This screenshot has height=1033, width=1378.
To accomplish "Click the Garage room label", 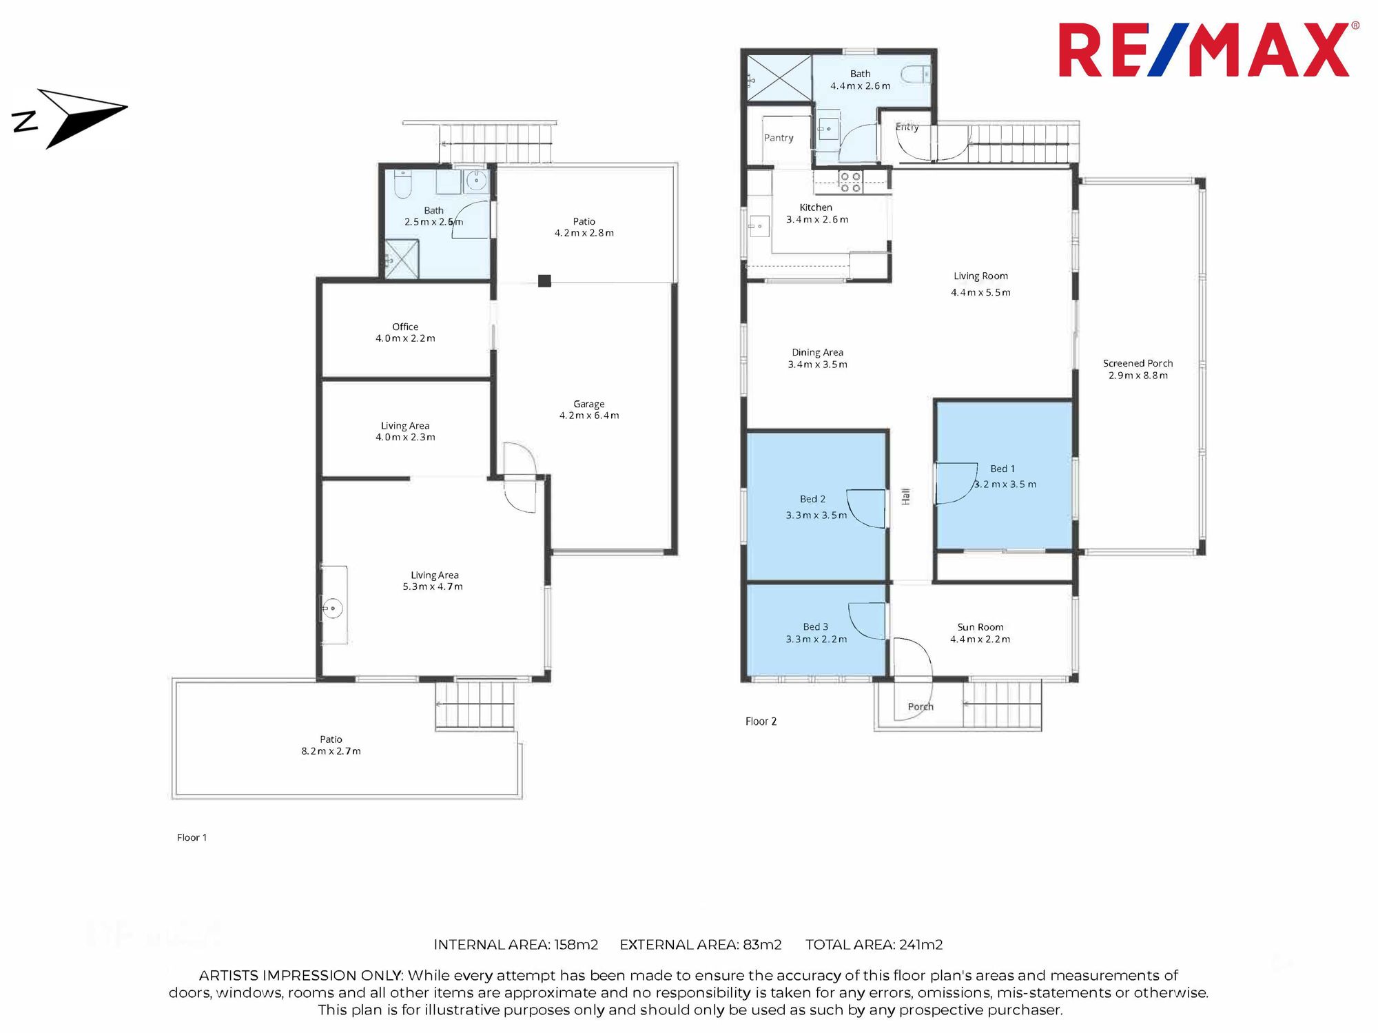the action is [589, 404].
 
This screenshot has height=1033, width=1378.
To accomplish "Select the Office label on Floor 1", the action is [405, 327].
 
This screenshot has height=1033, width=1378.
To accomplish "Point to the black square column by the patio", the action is [544, 280].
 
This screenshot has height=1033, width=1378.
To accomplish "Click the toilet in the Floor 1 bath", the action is [402, 183].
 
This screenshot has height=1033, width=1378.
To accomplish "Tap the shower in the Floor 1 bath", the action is [401, 259].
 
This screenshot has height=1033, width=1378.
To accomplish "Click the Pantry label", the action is [779, 138].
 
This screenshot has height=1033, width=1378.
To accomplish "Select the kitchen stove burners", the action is [850, 182].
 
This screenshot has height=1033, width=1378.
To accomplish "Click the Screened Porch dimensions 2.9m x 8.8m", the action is [1138, 376].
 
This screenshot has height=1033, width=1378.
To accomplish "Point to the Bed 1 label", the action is [1002, 469].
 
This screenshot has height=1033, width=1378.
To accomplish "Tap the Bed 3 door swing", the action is [867, 621].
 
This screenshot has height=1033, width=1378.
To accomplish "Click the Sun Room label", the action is [980, 627].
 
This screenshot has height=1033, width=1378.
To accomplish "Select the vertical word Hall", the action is [905, 496].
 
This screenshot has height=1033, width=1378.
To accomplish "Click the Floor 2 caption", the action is [761, 722].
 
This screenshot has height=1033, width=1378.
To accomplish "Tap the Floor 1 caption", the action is [192, 837].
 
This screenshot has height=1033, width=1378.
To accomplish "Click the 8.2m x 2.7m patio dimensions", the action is [331, 751].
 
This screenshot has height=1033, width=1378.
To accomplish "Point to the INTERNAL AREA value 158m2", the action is [576, 945].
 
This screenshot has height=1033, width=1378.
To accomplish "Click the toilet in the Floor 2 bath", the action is [916, 74].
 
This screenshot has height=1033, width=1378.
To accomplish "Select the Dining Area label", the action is [818, 352].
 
